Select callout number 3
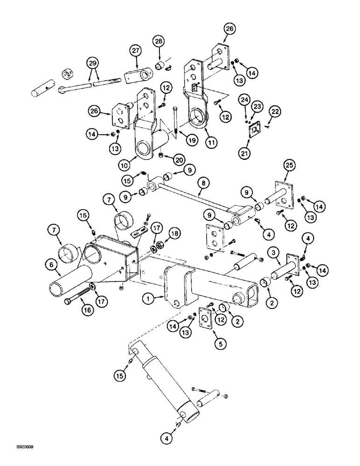pos(275,253)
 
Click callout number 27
pos(135,50)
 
